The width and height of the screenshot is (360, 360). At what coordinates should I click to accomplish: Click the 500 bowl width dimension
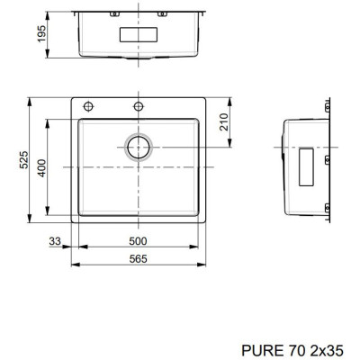click(x=138, y=241)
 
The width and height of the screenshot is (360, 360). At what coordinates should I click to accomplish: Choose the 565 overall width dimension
click(x=138, y=259)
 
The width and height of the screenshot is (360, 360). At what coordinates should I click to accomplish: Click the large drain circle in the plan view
click(x=139, y=147)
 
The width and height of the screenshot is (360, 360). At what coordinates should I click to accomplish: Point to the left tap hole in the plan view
click(x=89, y=105)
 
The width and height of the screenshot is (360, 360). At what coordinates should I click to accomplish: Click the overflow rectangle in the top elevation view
click(x=138, y=32)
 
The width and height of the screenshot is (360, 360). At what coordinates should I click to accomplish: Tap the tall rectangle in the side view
click(x=307, y=166)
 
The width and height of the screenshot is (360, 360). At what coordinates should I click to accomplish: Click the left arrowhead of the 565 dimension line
click(x=73, y=265)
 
